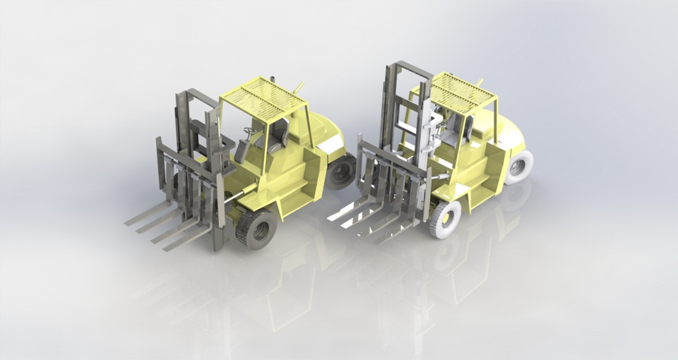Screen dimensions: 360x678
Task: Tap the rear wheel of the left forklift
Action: click(343, 171)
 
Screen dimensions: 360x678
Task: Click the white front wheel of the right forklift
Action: click(446, 219)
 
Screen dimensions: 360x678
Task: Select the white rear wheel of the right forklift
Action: click(519, 167)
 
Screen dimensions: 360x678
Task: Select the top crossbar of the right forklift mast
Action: click(408, 67)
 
